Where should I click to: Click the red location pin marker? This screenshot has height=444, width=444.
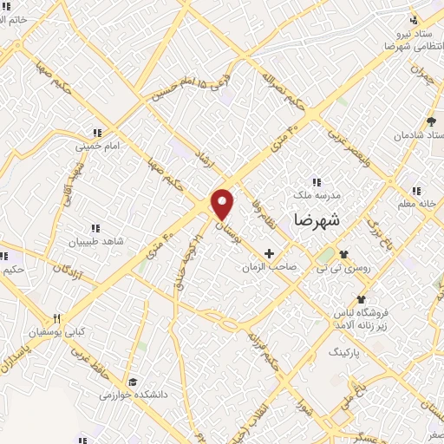tap(223, 204)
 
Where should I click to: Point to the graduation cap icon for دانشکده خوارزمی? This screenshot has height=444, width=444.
tap(133, 382)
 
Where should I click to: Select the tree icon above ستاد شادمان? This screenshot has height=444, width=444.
tap(431, 121)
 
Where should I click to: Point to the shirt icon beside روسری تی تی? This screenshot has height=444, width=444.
tap(345, 254)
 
